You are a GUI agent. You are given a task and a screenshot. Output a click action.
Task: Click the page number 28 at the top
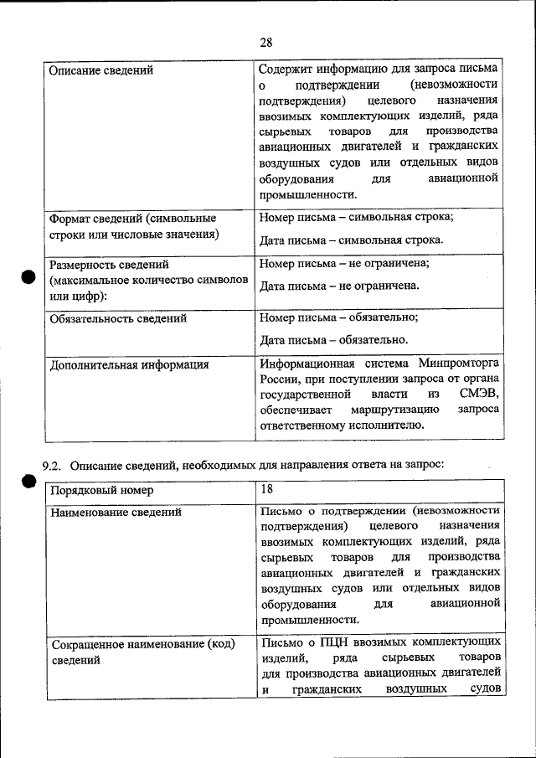(x=267, y=43)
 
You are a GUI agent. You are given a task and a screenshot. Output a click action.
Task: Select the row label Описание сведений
(x=101, y=70)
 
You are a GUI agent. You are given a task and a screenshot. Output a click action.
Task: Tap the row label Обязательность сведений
(x=118, y=318)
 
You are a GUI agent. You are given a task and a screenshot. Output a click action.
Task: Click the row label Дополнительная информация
(x=129, y=364)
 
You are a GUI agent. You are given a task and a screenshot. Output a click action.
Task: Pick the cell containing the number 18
(x=267, y=488)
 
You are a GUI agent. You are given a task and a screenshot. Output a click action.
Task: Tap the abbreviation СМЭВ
(x=479, y=394)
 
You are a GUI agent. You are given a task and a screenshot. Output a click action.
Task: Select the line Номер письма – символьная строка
(x=357, y=218)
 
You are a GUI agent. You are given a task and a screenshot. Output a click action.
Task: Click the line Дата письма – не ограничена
(x=339, y=286)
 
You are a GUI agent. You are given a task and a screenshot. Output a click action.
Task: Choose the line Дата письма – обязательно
(x=334, y=340)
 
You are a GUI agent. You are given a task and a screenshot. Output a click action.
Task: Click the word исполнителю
(x=385, y=425)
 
